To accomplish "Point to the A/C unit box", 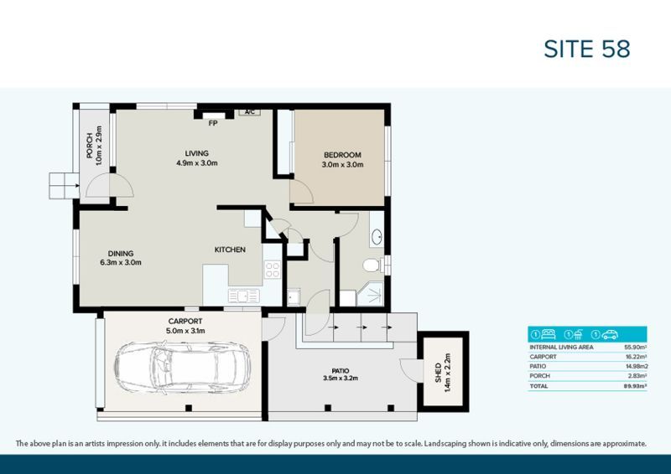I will click(249, 111).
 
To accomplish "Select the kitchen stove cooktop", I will click(272, 270).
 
